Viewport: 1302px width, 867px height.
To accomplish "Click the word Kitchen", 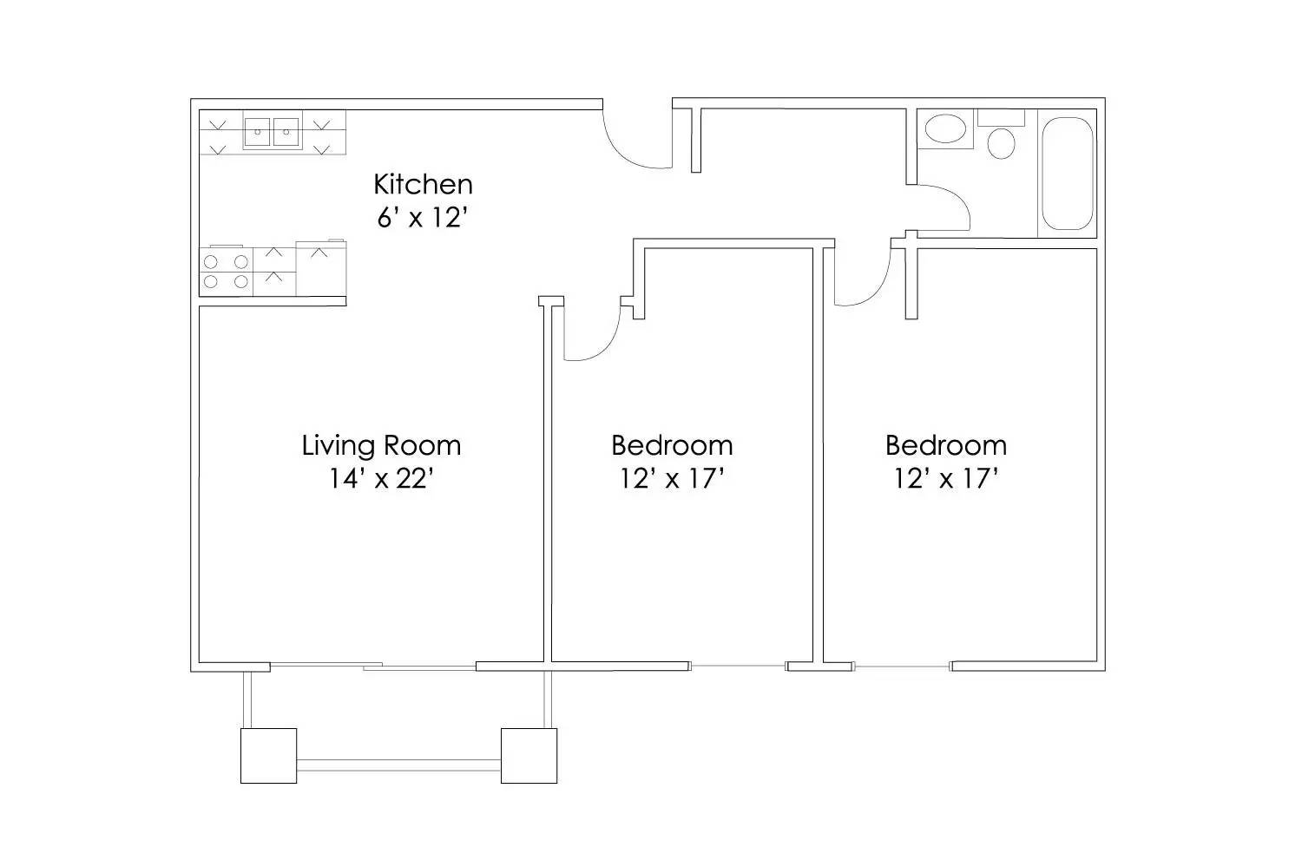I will click(x=423, y=184).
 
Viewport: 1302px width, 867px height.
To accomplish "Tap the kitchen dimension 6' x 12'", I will click(x=423, y=217).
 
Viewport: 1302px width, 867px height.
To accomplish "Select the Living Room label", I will click(x=381, y=445).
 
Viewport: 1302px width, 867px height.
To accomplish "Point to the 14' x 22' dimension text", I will click(x=381, y=478).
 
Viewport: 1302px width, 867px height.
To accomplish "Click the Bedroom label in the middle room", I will click(x=672, y=445).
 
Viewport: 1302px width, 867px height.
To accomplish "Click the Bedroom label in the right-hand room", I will click(x=946, y=445).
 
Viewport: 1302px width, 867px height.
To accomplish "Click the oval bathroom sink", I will click(x=945, y=130).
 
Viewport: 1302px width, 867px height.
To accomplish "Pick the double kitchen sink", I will click(x=272, y=133).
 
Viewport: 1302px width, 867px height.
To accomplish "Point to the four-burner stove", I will click(x=227, y=271).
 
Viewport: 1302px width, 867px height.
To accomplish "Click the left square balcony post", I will click(x=268, y=756).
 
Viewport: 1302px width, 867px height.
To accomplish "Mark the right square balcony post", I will click(x=529, y=756).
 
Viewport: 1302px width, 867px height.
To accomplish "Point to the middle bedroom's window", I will click(x=738, y=667).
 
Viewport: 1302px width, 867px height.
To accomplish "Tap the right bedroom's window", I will click(x=902, y=667).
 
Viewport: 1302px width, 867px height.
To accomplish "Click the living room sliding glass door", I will click(x=373, y=667).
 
